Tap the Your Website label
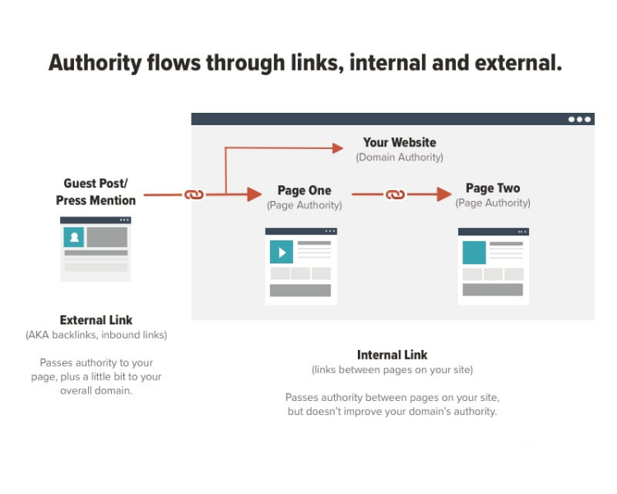(399, 142)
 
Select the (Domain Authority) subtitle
(399, 157)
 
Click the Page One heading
(304, 190)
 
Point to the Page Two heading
(493, 188)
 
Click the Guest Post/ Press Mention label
(95, 192)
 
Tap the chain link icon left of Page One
(193, 195)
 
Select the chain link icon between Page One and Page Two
(396, 195)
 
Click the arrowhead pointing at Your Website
(337, 148)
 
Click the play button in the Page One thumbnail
(281, 251)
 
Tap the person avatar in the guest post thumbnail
(75, 237)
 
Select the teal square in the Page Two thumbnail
(474, 252)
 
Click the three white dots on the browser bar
(579, 119)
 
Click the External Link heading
(95, 319)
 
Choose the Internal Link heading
(392, 355)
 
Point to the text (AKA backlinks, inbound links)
(95, 334)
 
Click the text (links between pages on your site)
(392, 370)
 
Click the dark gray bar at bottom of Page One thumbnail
(300, 291)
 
